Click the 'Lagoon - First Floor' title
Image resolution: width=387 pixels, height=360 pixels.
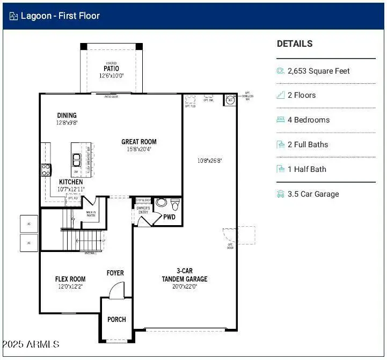pyautogui.click(x=60, y=16)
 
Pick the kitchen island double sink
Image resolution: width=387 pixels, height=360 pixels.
pyautogui.click(x=77, y=160)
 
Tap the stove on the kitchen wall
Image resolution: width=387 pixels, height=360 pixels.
pyautogui.click(x=46, y=170)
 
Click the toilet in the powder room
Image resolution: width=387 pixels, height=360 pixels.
pyautogui.click(x=174, y=205)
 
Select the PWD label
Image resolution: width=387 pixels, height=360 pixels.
pyautogui.click(x=170, y=217)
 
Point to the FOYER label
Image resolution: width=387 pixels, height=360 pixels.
pyautogui.click(x=115, y=273)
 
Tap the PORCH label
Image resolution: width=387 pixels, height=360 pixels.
pyautogui.click(x=116, y=319)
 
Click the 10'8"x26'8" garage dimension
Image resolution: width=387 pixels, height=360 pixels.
pyautogui.click(x=209, y=160)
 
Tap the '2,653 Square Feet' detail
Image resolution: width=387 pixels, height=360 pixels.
pyautogui.click(x=318, y=71)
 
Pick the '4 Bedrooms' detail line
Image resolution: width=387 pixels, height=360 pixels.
pyautogui.click(x=308, y=120)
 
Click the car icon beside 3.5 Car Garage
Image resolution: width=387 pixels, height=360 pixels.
pyautogui.click(x=280, y=194)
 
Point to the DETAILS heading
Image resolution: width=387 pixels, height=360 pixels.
pyautogui.click(x=295, y=44)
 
